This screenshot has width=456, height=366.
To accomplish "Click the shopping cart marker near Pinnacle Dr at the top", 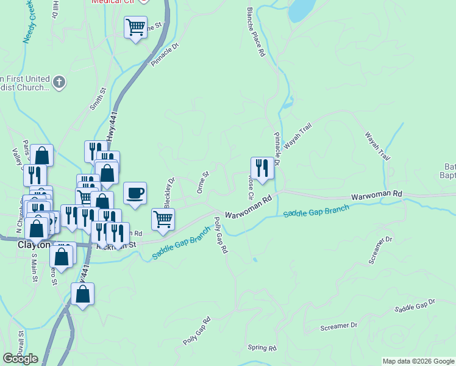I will click(135, 27).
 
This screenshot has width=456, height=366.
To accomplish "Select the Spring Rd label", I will click(262, 348).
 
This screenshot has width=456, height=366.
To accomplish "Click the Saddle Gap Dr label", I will click(415, 306).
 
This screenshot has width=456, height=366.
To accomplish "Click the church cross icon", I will click(59, 82).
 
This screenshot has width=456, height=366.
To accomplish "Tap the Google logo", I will click(21, 358).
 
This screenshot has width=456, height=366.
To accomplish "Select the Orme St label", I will click(203, 182).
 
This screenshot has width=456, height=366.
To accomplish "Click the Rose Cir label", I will click(250, 189).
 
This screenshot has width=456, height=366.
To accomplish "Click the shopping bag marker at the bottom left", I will click(82, 294).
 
